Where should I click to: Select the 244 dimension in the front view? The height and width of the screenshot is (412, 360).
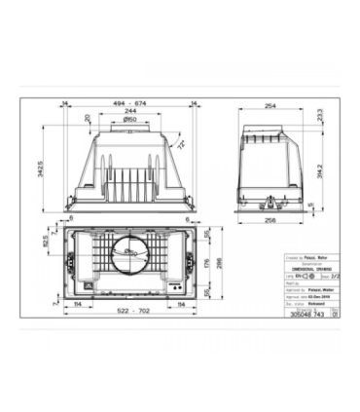(x=128, y=110)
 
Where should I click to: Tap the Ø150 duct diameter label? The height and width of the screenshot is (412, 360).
(x=128, y=120)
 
